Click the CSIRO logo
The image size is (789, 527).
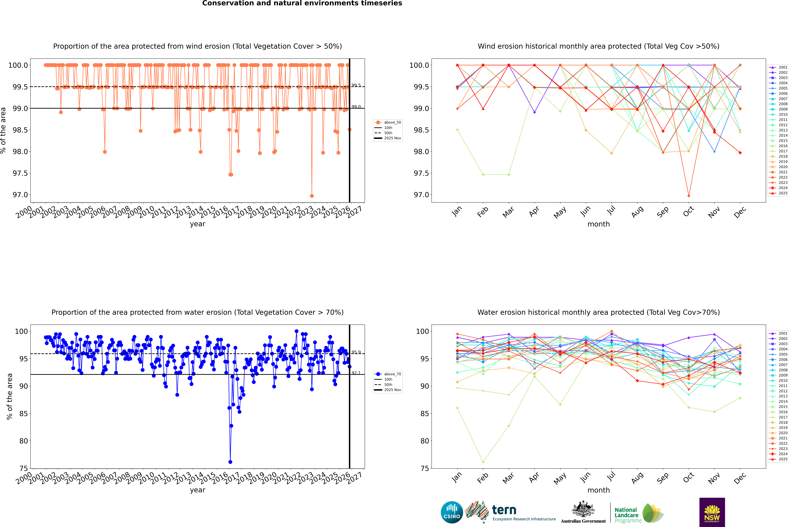pos(452,512)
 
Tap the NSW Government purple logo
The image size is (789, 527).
pos(712,512)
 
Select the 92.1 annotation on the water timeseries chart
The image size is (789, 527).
pos(356,373)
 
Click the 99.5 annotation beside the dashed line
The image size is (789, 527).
pos(356,85)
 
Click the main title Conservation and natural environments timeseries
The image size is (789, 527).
pos(302,3)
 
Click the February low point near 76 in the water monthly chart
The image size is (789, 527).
pos(483,462)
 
